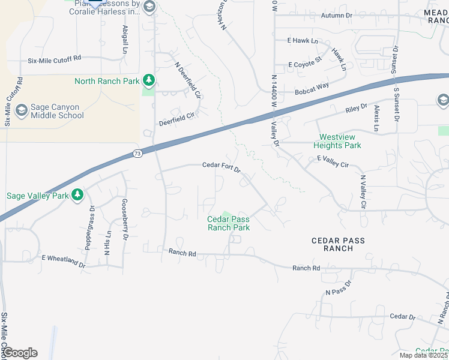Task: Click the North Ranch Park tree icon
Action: pyautogui.click(x=148, y=80)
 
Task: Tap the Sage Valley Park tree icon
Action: pyautogui.click(x=77, y=195)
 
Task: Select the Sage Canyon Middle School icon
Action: pyautogui.click(x=22, y=110)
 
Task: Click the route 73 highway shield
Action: pyautogui.click(x=137, y=154)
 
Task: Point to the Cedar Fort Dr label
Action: pyautogui.click(x=221, y=166)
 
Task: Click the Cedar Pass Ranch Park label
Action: pyautogui.click(x=228, y=223)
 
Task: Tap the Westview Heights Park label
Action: pyautogui.click(x=340, y=141)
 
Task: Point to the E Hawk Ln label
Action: pyautogui.click(x=302, y=41)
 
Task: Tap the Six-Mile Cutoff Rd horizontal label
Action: pyautogui.click(x=54, y=61)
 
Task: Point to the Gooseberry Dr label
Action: pyautogui.click(x=125, y=220)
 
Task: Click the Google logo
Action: pyautogui.click(x=20, y=353)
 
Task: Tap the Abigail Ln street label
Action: pyautogui.click(x=125, y=40)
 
